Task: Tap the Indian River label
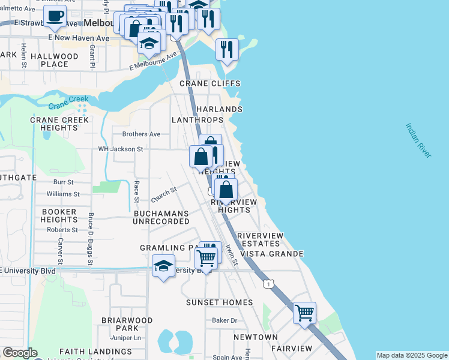point(418,141)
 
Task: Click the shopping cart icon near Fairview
point(305,312)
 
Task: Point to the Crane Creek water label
point(68,103)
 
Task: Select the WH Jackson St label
point(121,149)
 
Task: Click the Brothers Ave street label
point(141,134)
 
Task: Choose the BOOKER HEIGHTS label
point(59,216)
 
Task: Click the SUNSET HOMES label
point(219,302)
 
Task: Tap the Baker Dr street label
point(224,320)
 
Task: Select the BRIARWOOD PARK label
point(127,325)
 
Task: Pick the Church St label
point(164,194)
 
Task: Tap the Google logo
point(20,353)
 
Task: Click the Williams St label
point(63,194)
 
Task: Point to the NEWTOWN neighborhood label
point(256,337)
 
